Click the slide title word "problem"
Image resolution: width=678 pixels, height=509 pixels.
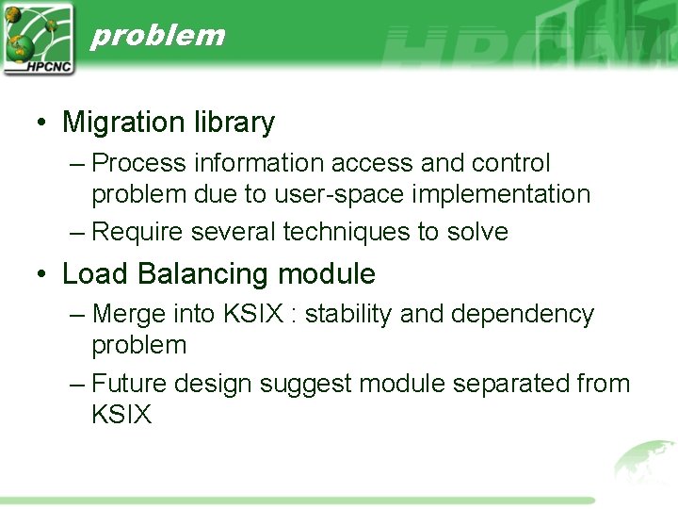pos(157,35)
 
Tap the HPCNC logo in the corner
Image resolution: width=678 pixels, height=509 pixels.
pos(38,38)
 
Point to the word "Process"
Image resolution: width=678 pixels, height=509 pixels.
pos(139,163)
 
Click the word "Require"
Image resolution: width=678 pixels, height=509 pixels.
pos(140,232)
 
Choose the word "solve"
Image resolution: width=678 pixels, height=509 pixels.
pos(476,232)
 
